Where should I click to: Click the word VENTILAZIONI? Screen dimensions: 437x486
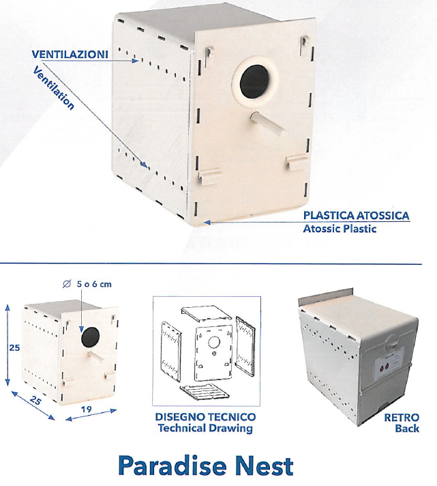tap(70, 54)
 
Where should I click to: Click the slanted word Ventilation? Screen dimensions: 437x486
tap(53, 87)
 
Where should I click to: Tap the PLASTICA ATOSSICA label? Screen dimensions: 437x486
tap(356, 215)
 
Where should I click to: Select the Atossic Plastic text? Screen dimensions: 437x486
tap(340, 229)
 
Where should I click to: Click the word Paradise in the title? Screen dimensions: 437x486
tap(172, 466)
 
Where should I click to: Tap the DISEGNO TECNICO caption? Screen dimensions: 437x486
tap(205, 417)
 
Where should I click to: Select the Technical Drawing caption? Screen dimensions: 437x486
tap(205, 429)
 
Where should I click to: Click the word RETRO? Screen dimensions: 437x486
tap(402, 417)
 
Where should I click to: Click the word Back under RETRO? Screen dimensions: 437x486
tap(407, 429)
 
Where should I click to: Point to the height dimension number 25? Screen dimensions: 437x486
tap(14, 347)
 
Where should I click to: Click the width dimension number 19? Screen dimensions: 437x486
tap(87, 409)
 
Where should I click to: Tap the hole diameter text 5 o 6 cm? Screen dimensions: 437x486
tap(94, 284)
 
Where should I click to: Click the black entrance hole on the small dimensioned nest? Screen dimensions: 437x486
tap(91, 337)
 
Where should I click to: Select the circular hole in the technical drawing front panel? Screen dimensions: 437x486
tap(214, 343)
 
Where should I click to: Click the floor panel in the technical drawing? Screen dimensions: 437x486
tap(205, 392)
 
